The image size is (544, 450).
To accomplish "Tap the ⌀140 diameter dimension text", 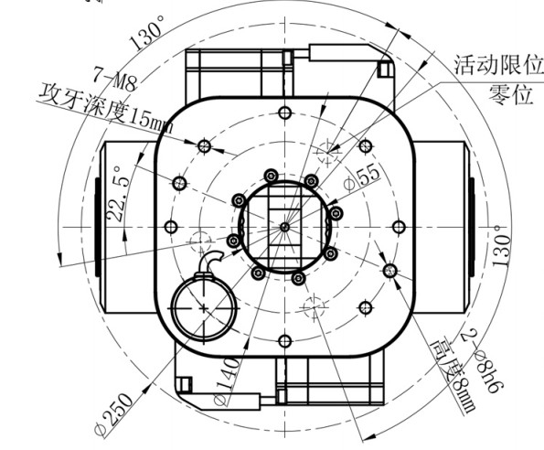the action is coord(226,381).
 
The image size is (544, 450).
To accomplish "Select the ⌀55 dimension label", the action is coord(362,177).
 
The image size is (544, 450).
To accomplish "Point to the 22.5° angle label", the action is coord(119,194).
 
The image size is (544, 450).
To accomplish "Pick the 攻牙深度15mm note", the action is coord(105,109).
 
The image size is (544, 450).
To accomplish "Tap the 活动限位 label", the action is coord(498,65).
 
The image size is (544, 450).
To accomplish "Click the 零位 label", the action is coord(511,94).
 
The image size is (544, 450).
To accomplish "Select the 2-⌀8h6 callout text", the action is coord(483,361).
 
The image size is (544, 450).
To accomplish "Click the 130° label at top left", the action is coord(146,33).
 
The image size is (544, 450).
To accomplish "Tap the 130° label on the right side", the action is coord(502,246).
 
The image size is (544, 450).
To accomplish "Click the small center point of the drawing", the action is coord(285,227).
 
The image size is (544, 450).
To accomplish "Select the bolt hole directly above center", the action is coord(285,112).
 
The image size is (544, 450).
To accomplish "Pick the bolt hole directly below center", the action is coord(285,341).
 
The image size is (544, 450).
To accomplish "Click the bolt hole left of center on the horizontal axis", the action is coord(171,227).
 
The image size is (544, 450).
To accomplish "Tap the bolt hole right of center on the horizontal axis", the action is coord(399,227).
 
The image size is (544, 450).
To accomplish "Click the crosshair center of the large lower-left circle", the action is coord(204,307).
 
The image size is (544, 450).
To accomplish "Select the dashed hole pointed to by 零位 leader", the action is coord(327,152).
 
